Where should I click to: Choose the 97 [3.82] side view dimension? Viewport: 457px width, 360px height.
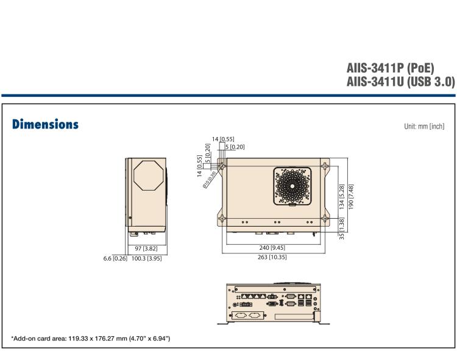147,249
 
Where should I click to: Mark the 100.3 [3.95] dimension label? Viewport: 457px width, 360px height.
146,257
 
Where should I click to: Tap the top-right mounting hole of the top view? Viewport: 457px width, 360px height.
326,166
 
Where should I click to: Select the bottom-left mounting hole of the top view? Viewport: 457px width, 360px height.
223,219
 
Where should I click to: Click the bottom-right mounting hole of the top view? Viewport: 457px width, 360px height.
326,219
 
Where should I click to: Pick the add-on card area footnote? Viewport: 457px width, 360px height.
91,338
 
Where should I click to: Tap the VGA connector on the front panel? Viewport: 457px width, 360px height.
272,303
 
